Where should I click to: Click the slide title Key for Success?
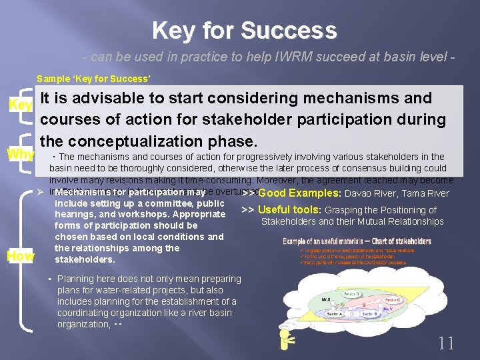[244, 31]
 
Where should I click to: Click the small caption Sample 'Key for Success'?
[93, 79]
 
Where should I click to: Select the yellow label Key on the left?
[20, 105]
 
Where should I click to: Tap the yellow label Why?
[20, 154]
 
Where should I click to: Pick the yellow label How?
[20, 255]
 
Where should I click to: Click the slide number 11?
[446, 343]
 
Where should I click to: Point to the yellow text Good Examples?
[299, 193]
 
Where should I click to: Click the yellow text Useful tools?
[290, 210]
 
